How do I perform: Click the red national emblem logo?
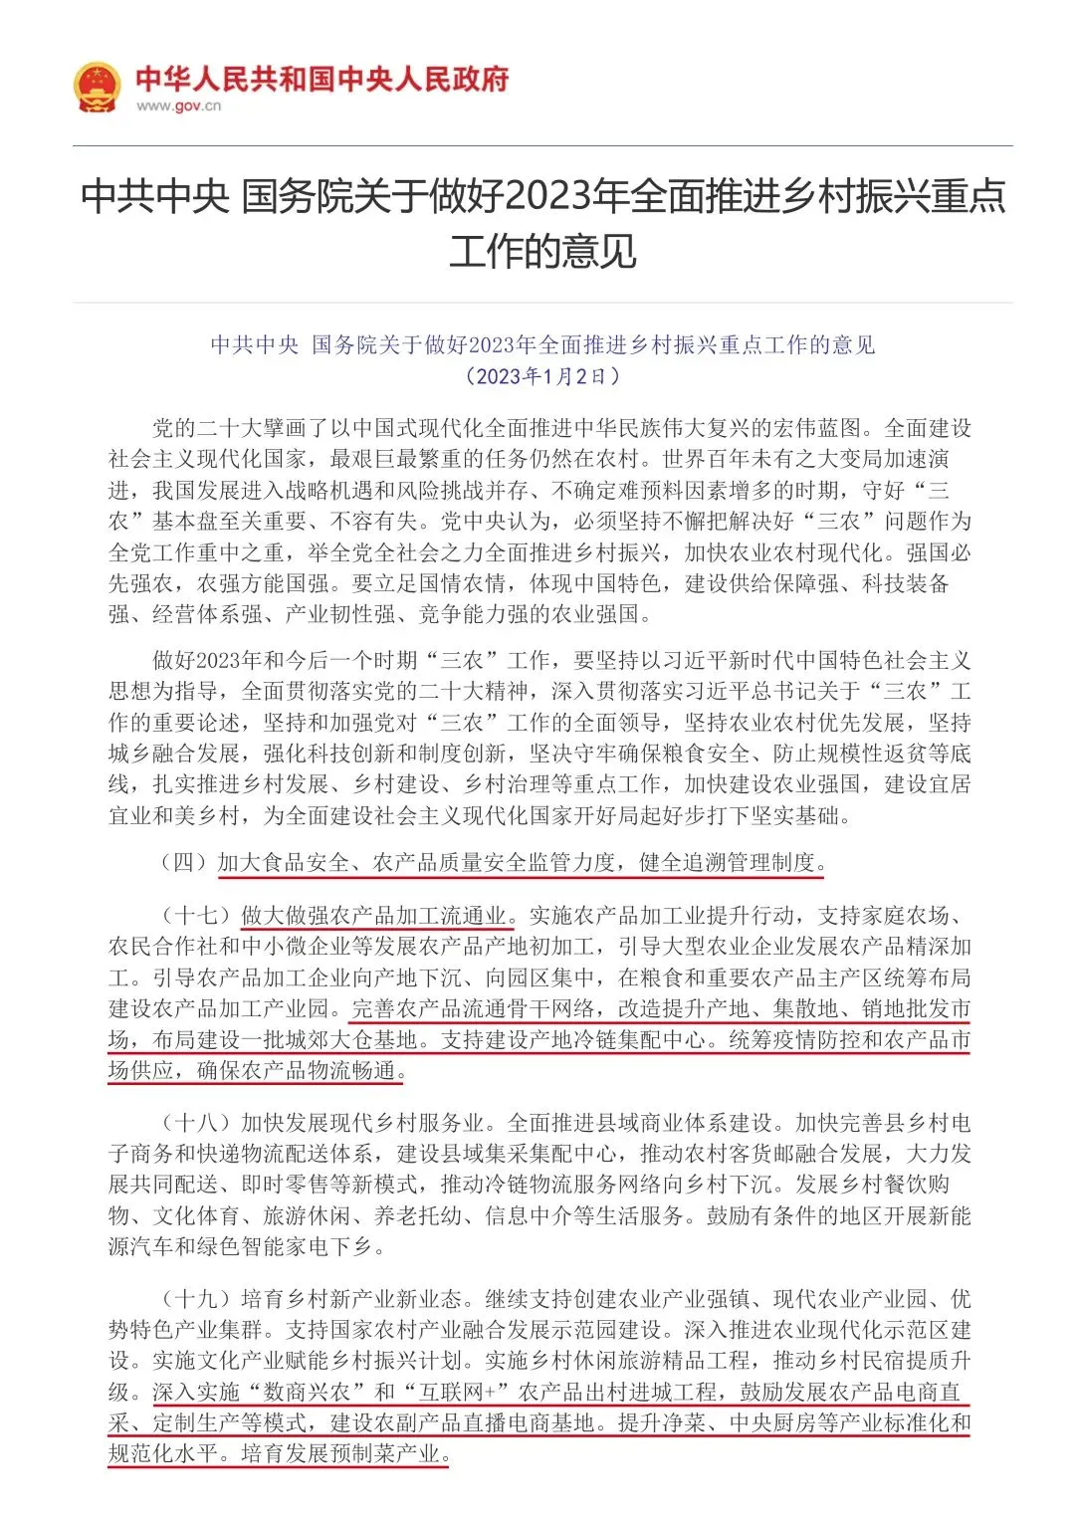click(97, 88)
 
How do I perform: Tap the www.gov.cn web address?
click(178, 107)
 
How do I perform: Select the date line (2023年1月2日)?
click(542, 376)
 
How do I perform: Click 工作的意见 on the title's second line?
click(542, 251)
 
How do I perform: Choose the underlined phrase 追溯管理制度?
click(750, 862)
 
